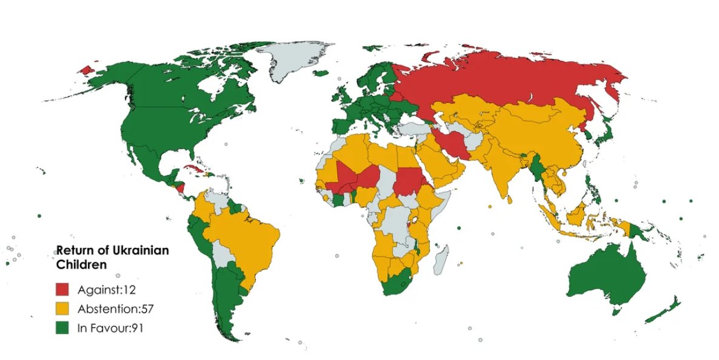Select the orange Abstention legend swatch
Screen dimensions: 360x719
(64, 308)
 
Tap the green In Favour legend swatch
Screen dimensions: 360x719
(64, 328)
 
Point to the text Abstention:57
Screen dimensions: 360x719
(115, 308)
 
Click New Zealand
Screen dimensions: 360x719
(664, 309)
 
